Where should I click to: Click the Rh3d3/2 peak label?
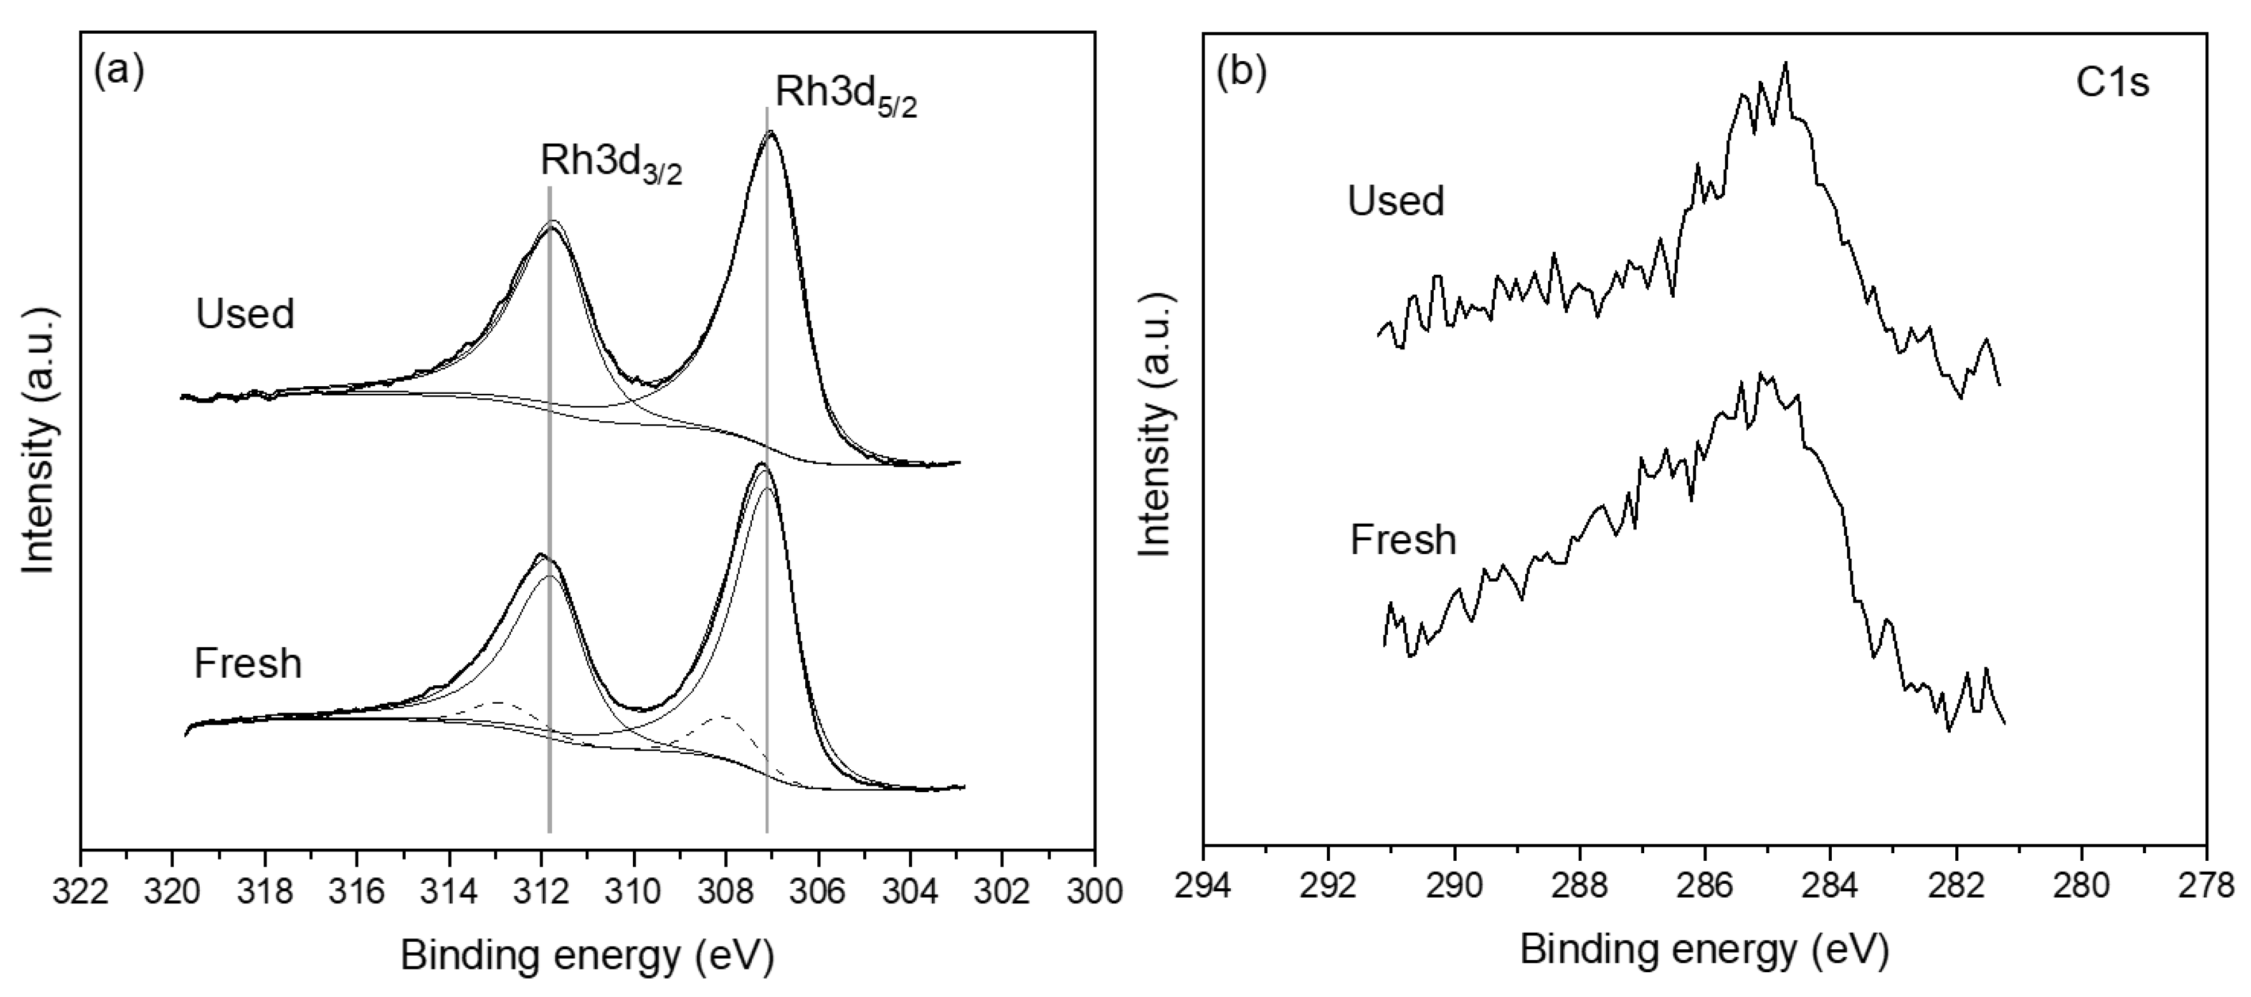(611, 164)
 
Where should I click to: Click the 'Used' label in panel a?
(245, 314)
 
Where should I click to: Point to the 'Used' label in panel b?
(1396, 201)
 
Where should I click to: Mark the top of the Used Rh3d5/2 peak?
(770, 133)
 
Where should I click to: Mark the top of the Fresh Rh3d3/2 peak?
(540, 555)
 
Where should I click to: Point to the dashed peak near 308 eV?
(724, 716)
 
